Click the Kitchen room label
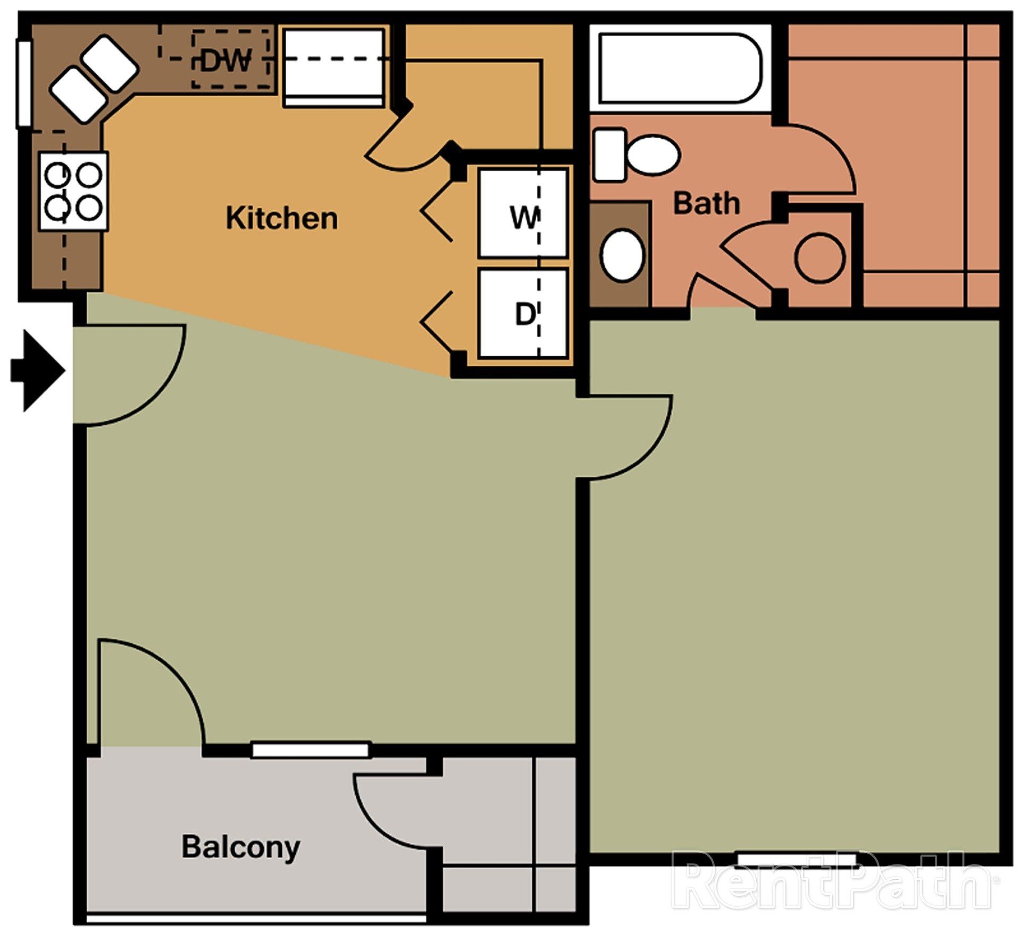pyautogui.click(x=281, y=218)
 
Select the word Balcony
pyautogui.click(x=240, y=847)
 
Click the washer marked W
pyautogui.click(x=522, y=213)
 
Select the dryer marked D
pyautogui.click(x=522, y=314)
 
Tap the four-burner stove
pyautogui.click(x=73, y=191)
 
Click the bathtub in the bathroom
pyautogui.click(x=679, y=68)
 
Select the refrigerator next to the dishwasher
pyautogui.click(x=333, y=68)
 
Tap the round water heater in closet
pyautogui.click(x=819, y=258)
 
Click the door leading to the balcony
pyautogui.click(x=152, y=686)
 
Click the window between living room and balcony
pyautogui.click(x=311, y=750)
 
